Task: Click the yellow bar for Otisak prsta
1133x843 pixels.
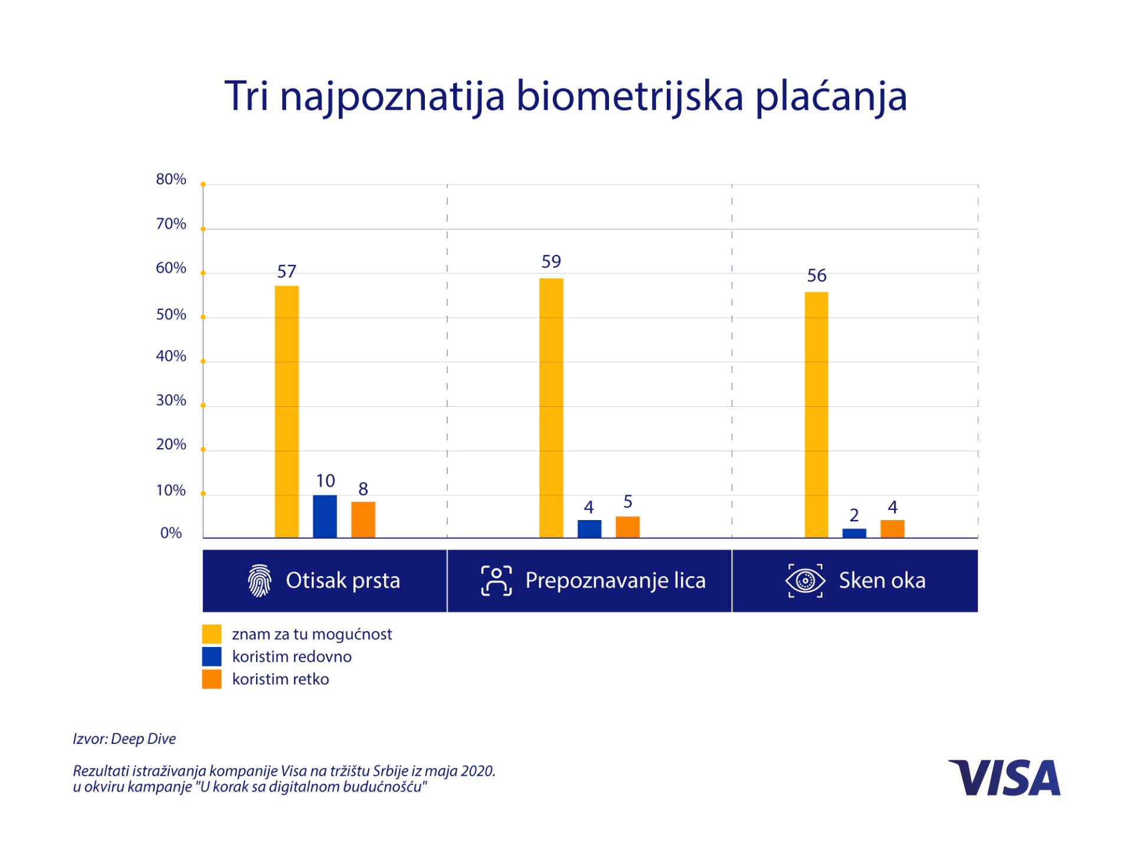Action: click(x=287, y=411)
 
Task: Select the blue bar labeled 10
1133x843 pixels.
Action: click(x=325, y=516)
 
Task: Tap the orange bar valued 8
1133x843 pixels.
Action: click(x=363, y=519)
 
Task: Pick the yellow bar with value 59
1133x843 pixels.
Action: click(x=551, y=407)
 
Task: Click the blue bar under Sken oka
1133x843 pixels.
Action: click(x=854, y=533)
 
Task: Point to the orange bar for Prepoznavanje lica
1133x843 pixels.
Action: click(x=627, y=527)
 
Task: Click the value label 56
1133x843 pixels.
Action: click(x=817, y=276)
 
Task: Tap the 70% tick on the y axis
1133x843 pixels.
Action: click(x=171, y=224)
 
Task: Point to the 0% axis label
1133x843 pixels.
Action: click(x=171, y=533)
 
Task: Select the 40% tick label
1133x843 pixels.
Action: click(x=171, y=356)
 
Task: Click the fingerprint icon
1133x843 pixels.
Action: click(x=260, y=580)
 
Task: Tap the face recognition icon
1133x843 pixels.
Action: click(x=496, y=580)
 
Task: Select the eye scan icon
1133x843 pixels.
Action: click(x=805, y=580)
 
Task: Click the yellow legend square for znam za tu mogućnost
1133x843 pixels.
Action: click(x=212, y=633)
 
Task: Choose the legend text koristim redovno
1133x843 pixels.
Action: click(x=292, y=656)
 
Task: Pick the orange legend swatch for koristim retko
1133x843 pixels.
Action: click(x=212, y=679)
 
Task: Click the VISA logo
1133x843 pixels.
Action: click(x=1004, y=777)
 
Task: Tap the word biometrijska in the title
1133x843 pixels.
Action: click(x=629, y=96)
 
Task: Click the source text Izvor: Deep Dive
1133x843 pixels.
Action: click(x=125, y=739)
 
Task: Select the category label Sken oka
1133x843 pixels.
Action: click(x=882, y=580)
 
